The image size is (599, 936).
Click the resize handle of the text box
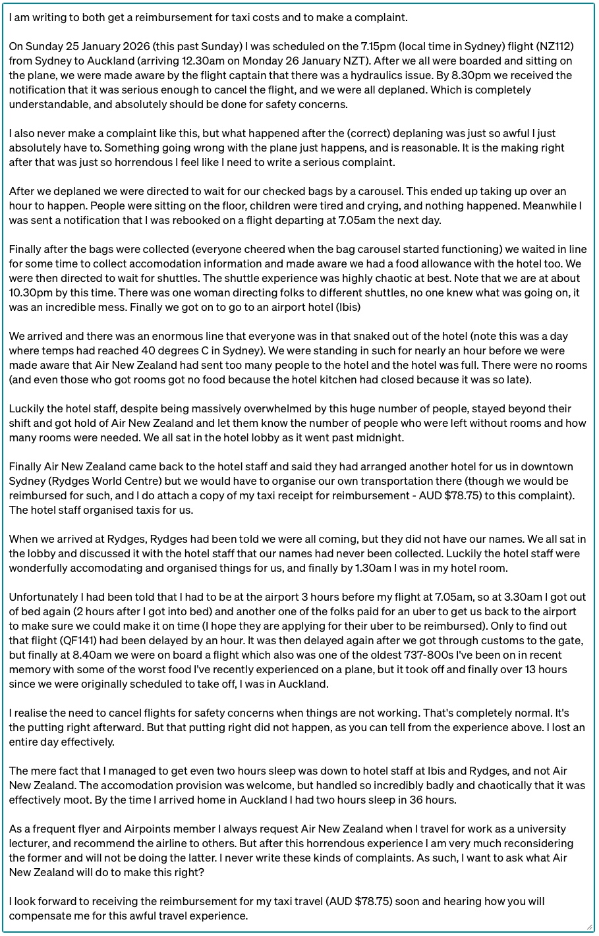(588, 926)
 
